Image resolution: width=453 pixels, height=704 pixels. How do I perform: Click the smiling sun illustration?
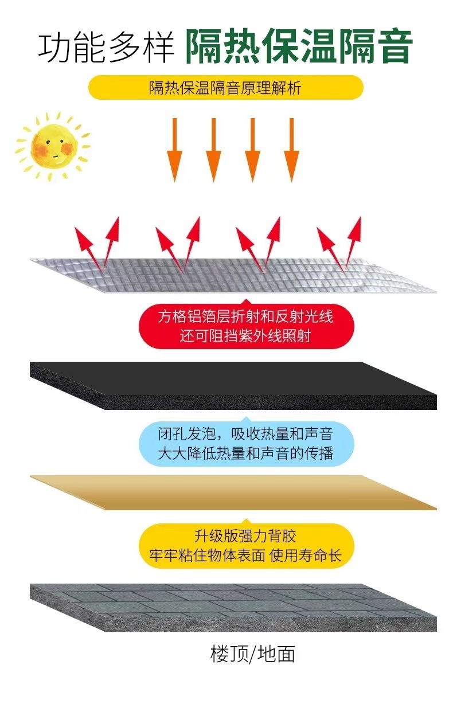[52, 144]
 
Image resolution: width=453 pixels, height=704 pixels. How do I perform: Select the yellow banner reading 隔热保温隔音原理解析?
[225, 88]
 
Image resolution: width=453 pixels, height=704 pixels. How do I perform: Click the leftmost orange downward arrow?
[174, 150]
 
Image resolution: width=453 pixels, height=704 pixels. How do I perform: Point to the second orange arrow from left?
[213, 150]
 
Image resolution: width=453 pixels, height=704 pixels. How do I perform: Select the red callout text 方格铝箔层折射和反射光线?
[245, 316]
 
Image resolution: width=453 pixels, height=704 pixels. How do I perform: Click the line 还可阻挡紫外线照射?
[245, 336]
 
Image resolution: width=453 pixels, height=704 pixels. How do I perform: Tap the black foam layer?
[229, 384]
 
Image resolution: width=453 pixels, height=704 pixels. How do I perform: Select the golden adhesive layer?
[229, 492]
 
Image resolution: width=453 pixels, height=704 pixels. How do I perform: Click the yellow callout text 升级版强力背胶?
[245, 536]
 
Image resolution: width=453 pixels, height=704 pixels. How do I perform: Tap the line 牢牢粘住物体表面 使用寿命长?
[245, 556]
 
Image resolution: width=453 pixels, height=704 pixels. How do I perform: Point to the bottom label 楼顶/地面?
[252, 654]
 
